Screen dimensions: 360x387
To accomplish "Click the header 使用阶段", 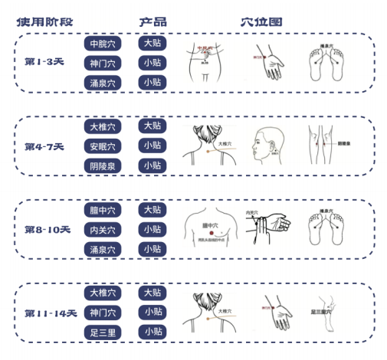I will click(x=45, y=21).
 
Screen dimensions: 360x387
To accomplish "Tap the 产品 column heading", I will click(x=153, y=21).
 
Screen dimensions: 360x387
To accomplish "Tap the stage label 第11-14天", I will click(x=50, y=313).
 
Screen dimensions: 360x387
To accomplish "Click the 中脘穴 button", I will click(x=103, y=44).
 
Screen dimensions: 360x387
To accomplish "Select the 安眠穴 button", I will click(x=103, y=146).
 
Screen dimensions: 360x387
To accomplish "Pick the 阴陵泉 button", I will click(x=103, y=165).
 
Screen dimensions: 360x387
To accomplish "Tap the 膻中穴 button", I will click(x=103, y=210).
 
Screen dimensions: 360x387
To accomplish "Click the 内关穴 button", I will click(x=103, y=230).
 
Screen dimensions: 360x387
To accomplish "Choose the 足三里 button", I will click(x=103, y=332).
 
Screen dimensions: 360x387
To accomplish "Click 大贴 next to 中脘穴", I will click(x=153, y=43).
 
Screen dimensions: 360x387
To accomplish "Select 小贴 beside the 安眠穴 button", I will click(x=153, y=146).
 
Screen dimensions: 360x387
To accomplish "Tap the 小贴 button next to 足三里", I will click(x=153, y=332).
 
